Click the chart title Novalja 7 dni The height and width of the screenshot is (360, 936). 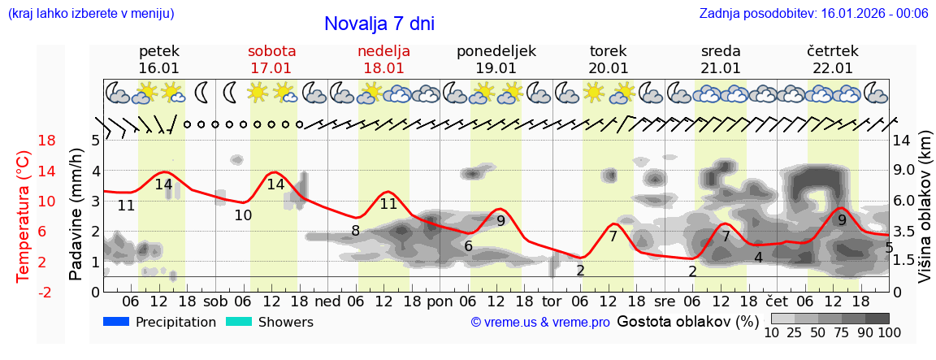379,24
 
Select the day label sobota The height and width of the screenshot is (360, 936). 271,51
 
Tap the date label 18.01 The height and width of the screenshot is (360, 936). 383,68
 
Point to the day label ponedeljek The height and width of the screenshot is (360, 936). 496,51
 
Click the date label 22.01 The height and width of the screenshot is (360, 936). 833,68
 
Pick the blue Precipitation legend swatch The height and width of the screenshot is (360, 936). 117,322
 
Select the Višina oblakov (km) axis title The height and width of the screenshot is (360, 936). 925,215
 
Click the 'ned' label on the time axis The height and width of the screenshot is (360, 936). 327,301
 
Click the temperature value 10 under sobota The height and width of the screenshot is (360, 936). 243,215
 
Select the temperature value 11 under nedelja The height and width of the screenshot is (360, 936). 388,204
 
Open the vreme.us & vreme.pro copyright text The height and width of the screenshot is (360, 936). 539,323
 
